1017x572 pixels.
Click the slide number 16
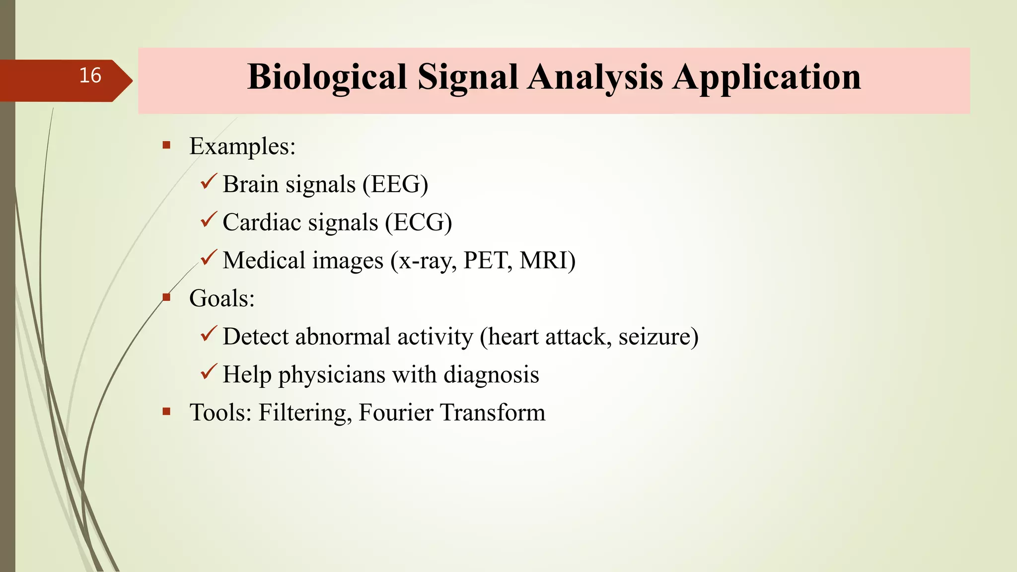[90, 75]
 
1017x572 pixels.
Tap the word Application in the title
[767, 77]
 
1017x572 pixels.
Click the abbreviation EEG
[395, 184]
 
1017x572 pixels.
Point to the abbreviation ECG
[419, 222]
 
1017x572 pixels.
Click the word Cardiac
[262, 222]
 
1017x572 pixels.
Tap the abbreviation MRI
[544, 260]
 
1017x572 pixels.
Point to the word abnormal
[343, 337]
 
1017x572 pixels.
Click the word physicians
[332, 375]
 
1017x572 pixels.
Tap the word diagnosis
[491, 375]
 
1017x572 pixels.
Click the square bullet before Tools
[166, 412]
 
